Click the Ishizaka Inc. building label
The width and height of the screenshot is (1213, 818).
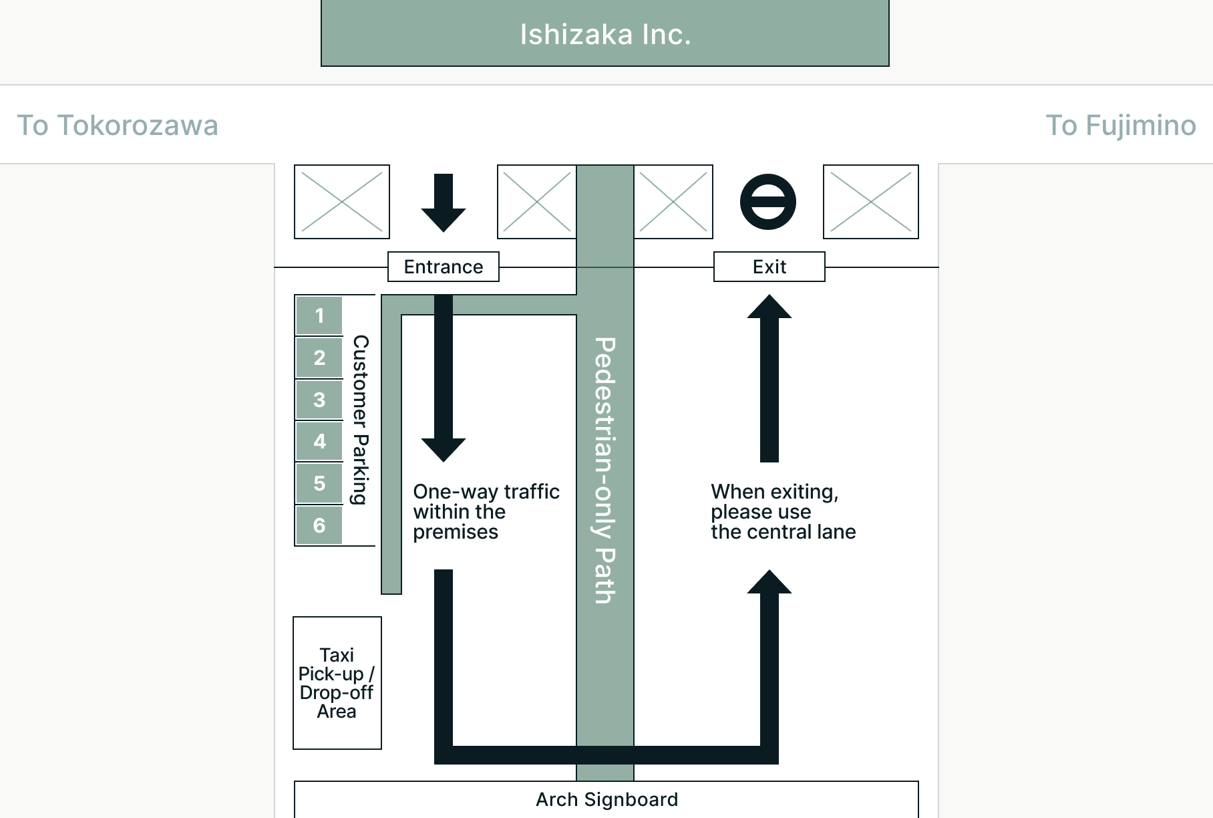pyautogui.click(x=605, y=35)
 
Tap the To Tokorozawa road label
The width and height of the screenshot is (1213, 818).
pyautogui.click(x=118, y=126)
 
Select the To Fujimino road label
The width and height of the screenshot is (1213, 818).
pyautogui.click(x=1120, y=126)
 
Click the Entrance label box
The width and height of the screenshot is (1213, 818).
pyautogui.click(x=444, y=267)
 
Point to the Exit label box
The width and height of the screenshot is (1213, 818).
pyautogui.click(x=769, y=267)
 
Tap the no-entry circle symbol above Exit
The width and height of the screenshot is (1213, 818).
pyautogui.click(x=768, y=202)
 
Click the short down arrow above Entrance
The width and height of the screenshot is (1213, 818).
pyautogui.click(x=444, y=202)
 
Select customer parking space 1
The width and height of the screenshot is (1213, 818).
pyautogui.click(x=319, y=315)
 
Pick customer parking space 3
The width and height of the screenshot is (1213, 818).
pyautogui.click(x=319, y=400)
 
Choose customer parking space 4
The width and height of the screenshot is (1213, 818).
pyautogui.click(x=319, y=441)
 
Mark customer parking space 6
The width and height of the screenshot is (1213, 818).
pyautogui.click(x=319, y=525)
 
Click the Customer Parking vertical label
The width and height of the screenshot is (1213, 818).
pyautogui.click(x=360, y=420)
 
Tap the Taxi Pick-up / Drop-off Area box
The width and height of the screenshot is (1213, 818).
pyautogui.click(x=337, y=683)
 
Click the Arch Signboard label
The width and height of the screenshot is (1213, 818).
pyautogui.click(x=606, y=799)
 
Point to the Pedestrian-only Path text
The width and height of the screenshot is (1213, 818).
pyautogui.click(x=604, y=470)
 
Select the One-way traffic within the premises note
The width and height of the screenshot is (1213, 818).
pyautogui.click(x=486, y=511)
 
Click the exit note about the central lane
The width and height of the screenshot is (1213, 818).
pyautogui.click(x=783, y=511)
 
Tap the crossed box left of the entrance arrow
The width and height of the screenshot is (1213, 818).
pyautogui.click(x=342, y=202)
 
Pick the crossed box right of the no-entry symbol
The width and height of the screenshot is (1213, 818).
pyautogui.click(x=871, y=202)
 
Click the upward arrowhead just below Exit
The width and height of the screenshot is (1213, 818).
pyautogui.click(x=769, y=307)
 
